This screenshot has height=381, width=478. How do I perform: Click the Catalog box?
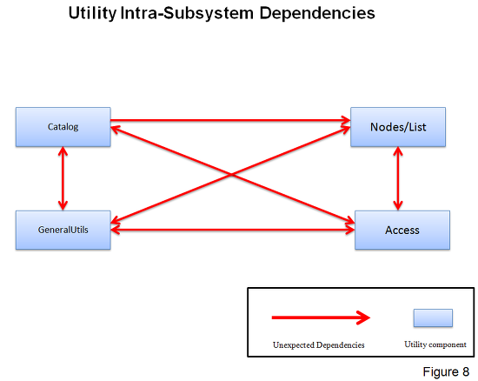(x=63, y=127)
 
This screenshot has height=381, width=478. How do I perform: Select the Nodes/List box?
(x=398, y=127)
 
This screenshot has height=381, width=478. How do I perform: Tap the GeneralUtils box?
(x=63, y=230)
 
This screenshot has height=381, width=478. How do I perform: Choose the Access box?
(x=402, y=230)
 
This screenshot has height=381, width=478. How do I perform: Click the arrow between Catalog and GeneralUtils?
(x=63, y=178)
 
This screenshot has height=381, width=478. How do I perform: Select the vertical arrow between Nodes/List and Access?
(x=398, y=178)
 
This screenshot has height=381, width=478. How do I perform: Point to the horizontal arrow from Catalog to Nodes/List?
(x=230, y=120)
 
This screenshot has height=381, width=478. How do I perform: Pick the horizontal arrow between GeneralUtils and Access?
(x=233, y=230)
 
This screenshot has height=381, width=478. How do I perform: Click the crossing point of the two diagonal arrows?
(x=231, y=175)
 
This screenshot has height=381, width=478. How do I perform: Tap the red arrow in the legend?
(x=321, y=317)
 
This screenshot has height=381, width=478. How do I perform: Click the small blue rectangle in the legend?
(x=433, y=317)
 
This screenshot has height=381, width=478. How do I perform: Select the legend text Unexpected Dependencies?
(x=319, y=345)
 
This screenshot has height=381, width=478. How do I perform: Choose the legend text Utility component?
(x=435, y=344)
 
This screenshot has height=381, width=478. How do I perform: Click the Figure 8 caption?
(x=446, y=371)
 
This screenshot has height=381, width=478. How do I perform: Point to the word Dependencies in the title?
(x=317, y=13)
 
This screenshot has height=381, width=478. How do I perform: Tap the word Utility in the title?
(x=92, y=13)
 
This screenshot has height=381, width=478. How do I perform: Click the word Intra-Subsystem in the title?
(x=187, y=13)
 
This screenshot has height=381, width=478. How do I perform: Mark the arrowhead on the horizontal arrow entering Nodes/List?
(x=346, y=120)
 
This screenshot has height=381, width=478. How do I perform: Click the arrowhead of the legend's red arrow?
(x=363, y=317)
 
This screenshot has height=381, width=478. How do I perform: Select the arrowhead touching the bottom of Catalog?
(x=63, y=151)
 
